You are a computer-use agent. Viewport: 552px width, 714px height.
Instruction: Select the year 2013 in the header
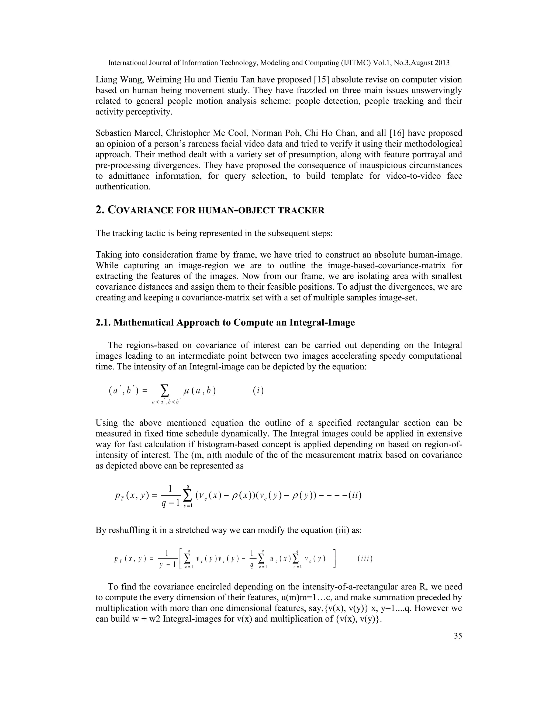click(x=442, y=63)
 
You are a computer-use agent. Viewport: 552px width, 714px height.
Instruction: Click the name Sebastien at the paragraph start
click(x=112, y=133)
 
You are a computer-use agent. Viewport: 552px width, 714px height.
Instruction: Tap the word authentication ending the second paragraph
click(x=123, y=187)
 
